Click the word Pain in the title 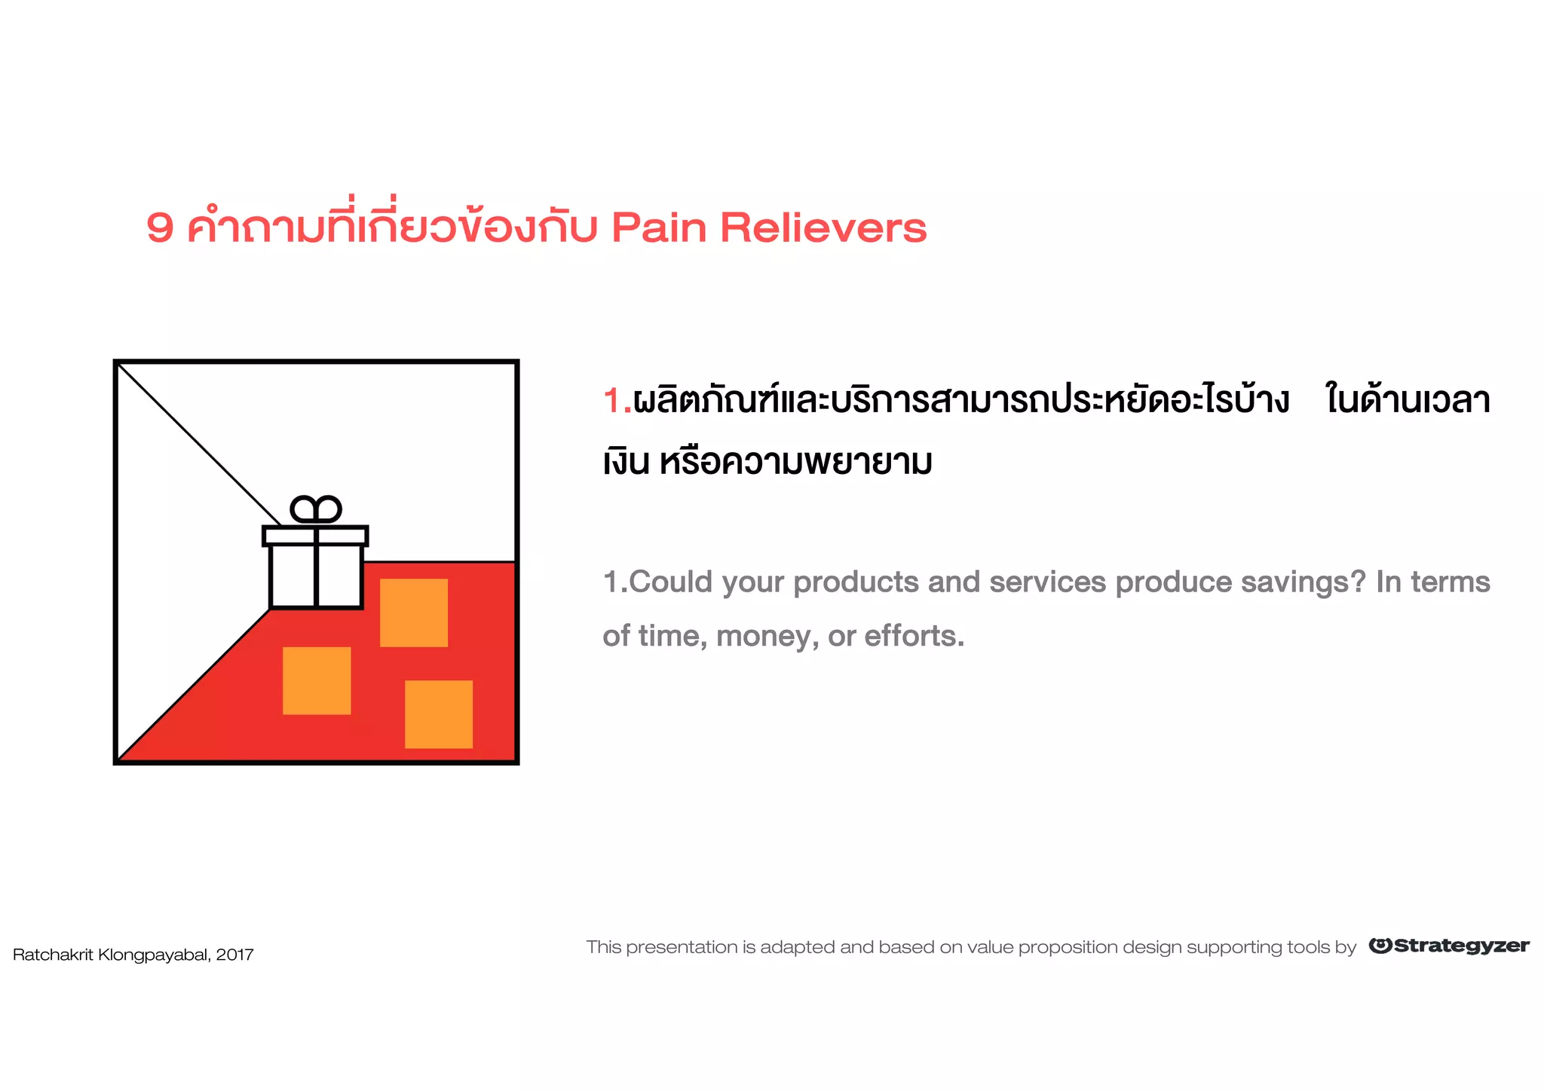click(659, 228)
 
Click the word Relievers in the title click(823, 228)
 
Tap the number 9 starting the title click(160, 228)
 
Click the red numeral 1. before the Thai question click(616, 400)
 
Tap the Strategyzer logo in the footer click(1449, 946)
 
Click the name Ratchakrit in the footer click(53, 955)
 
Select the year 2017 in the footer click(234, 955)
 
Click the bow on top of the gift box click(316, 510)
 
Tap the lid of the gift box click(315, 536)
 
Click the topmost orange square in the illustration click(414, 613)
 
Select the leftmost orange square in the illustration click(317, 680)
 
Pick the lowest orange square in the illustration click(439, 714)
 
